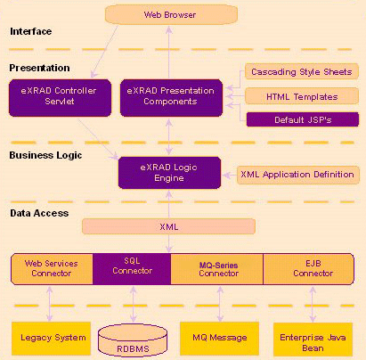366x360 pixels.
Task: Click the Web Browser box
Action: (171, 14)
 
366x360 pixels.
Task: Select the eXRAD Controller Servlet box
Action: (60, 97)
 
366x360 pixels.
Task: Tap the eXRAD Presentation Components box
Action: (171, 97)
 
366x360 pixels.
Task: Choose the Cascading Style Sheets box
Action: (302, 71)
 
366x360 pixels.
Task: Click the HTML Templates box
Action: (302, 96)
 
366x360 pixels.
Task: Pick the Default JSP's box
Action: (303, 119)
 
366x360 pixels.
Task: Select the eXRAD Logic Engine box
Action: (169, 173)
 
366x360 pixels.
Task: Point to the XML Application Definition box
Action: (298, 175)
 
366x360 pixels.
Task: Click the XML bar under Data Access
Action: (168, 226)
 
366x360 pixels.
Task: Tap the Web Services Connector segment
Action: (52, 269)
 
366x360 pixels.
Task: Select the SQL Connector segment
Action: (132, 269)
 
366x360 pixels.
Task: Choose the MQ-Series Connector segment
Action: (217, 269)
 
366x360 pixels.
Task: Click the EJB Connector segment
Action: (309, 269)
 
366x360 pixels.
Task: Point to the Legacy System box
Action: (51, 339)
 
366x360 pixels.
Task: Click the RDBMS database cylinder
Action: (133, 340)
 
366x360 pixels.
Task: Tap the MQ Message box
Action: (219, 339)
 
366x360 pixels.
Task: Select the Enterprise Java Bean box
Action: (313, 340)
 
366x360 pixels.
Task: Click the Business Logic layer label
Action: (45, 155)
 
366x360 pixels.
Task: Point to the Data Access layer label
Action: (39, 213)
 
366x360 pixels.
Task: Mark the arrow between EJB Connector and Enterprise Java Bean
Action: (313, 304)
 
